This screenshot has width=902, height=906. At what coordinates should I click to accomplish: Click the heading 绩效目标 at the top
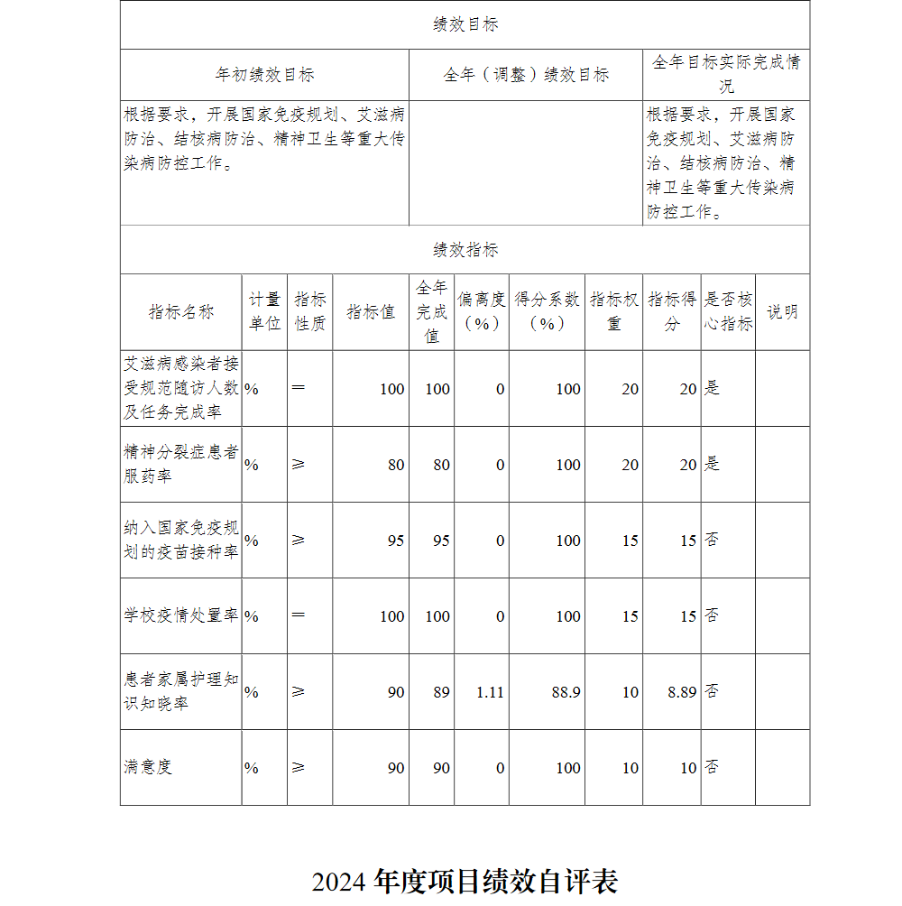(465, 24)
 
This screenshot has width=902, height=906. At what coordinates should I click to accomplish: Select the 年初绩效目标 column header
(264, 75)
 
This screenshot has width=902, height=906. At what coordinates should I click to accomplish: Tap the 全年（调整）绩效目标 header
(526, 75)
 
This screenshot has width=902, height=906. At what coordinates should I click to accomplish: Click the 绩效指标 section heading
(465, 250)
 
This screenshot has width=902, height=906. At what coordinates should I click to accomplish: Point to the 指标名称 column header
(181, 312)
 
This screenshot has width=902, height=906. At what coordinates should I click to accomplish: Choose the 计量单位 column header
(264, 312)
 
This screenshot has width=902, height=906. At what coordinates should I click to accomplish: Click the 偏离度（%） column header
(482, 312)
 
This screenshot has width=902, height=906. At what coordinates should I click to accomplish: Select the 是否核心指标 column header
(728, 312)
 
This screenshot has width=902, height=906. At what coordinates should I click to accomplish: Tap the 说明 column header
(782, 312)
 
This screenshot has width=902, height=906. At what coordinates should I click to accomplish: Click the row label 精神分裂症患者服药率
(181, 464)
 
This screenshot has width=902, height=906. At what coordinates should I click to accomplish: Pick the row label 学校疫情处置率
(181, 615)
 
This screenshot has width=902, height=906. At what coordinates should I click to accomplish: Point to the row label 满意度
(148, 767)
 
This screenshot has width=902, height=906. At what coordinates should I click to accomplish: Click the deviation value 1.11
(491, 692)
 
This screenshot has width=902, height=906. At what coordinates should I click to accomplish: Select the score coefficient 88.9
(566, 692)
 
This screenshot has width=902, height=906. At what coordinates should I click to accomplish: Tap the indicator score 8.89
(682, 692)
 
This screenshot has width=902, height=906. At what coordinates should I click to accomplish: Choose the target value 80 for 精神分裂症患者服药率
(396, 465)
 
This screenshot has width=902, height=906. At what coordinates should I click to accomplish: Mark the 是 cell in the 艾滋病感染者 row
(713, 389)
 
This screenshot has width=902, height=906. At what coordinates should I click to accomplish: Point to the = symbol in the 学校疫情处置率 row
(299, 615)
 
